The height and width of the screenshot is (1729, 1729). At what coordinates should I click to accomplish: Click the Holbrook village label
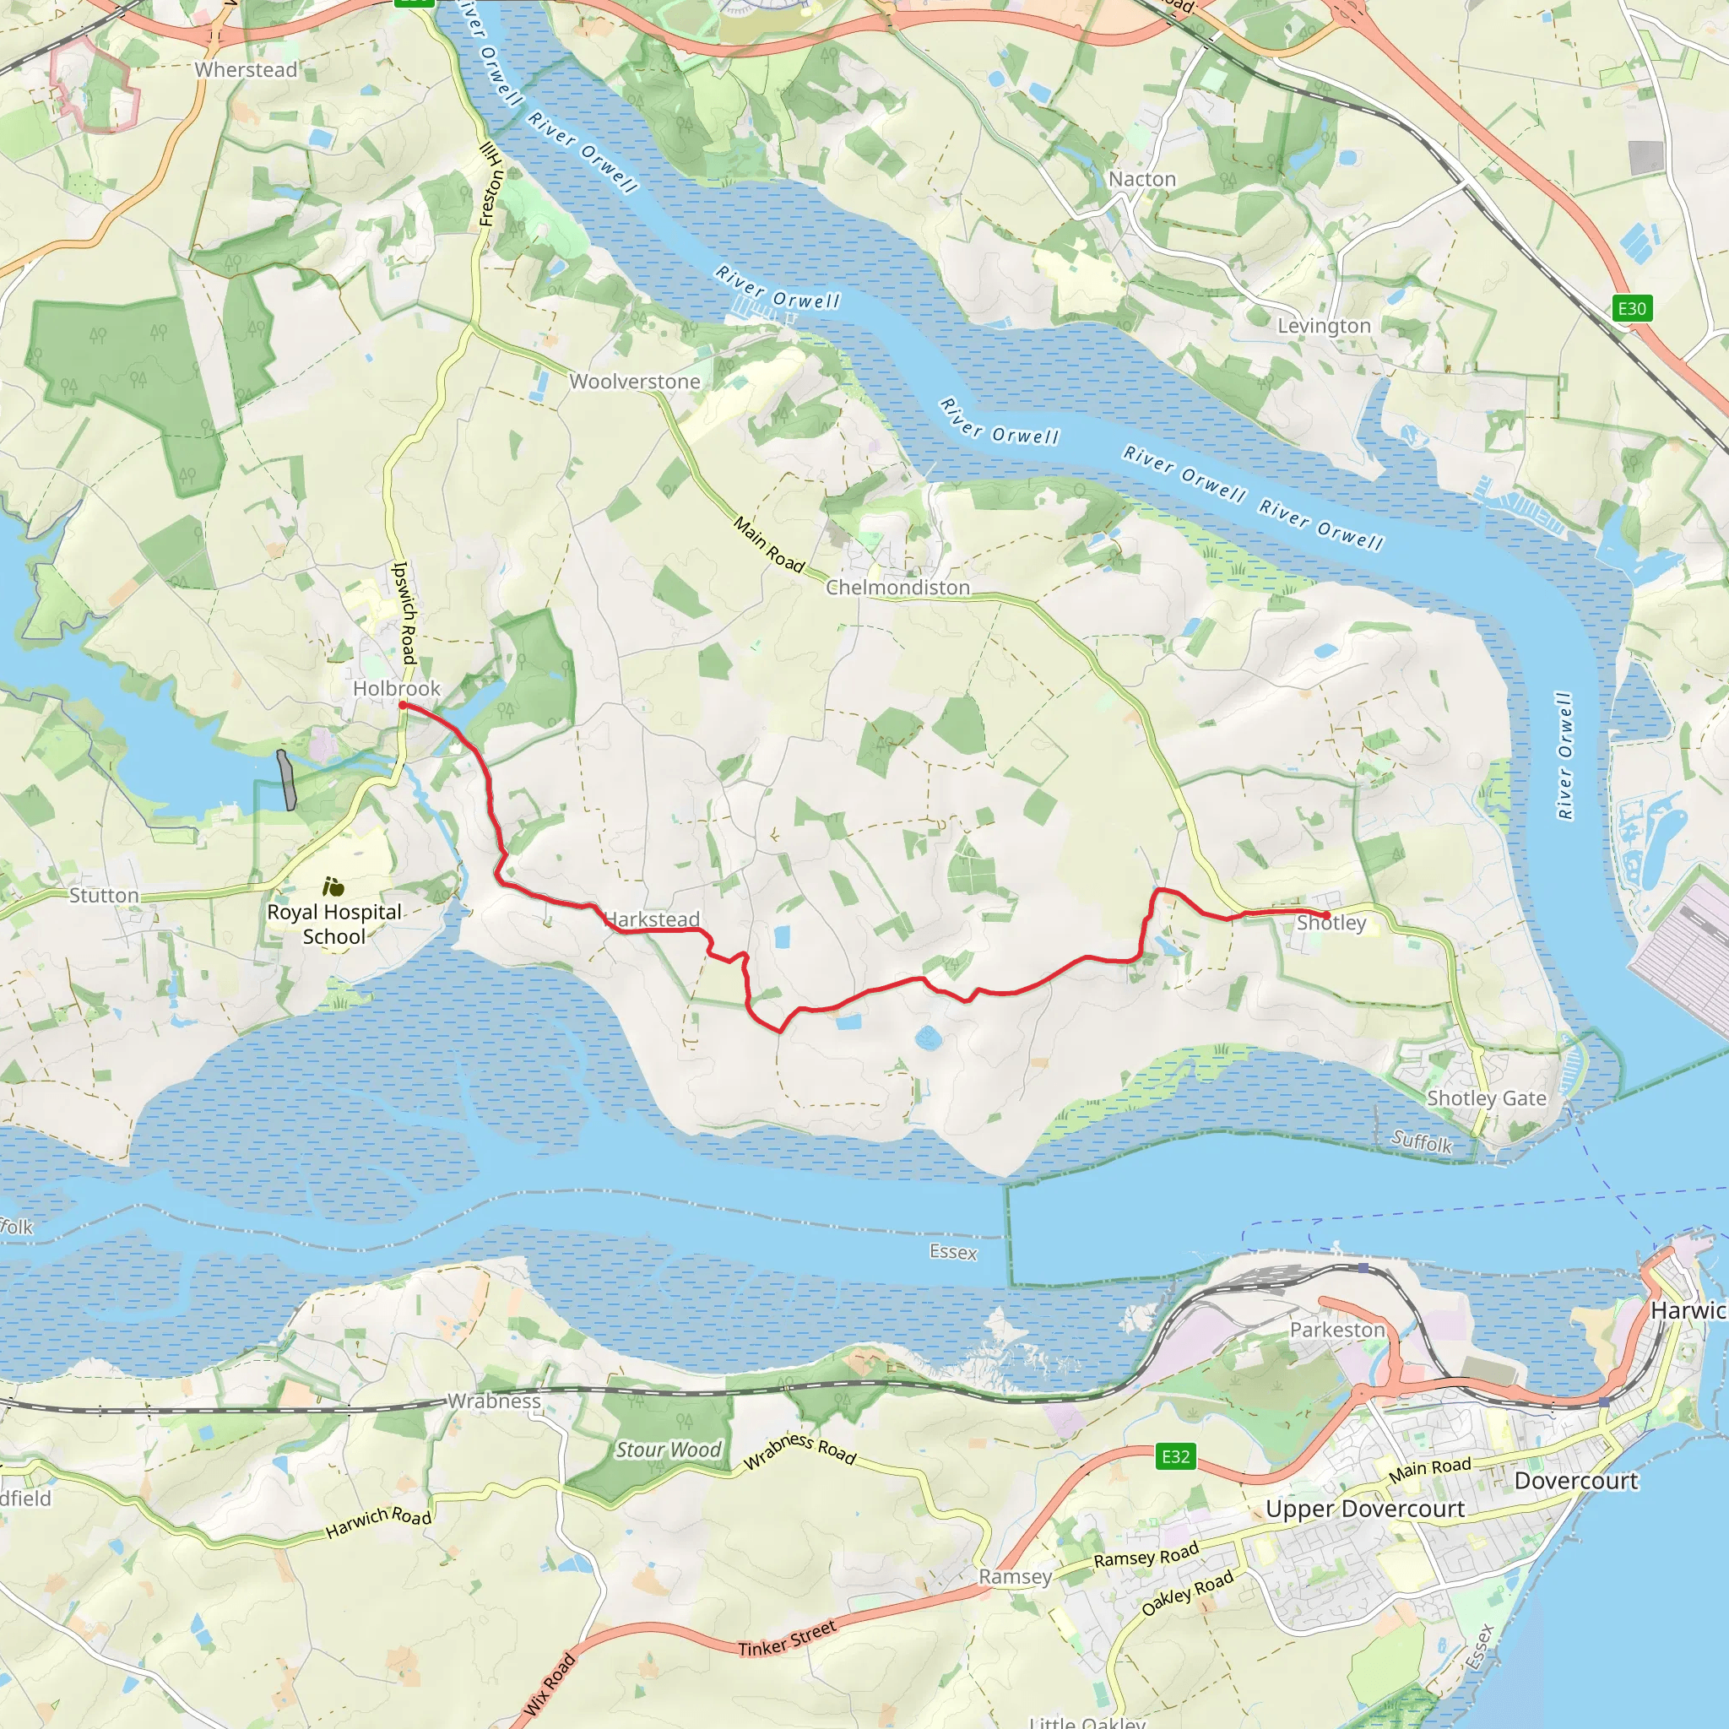397,688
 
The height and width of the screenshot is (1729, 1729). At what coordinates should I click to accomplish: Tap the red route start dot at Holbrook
403,705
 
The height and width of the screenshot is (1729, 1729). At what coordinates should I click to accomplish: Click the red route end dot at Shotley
1326,914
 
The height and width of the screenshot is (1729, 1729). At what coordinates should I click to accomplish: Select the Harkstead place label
653,919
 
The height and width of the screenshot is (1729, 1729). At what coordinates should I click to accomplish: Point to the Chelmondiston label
897,587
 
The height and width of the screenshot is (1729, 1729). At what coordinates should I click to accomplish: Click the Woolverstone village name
635,382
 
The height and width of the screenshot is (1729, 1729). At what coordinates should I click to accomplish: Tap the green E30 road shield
1631,309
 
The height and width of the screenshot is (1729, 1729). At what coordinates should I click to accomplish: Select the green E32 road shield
1175,1456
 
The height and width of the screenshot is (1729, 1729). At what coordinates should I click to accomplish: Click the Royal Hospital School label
333,924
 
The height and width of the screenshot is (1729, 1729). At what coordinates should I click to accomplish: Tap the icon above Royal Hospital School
333,887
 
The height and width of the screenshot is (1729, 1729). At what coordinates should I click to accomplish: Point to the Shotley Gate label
1487,1098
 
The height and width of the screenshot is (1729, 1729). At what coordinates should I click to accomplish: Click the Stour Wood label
669,1450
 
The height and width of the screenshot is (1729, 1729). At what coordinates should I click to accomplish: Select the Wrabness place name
494,1401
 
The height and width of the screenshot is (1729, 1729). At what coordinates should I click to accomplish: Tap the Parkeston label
1337,1330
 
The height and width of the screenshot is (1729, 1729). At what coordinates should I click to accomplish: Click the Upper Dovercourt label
1365,1509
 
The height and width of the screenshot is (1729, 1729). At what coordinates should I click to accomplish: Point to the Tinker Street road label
787,1640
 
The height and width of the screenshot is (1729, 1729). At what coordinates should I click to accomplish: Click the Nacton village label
1142,179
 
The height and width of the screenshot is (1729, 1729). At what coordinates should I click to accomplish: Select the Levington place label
1324,326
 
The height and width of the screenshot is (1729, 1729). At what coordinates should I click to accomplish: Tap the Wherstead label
247,70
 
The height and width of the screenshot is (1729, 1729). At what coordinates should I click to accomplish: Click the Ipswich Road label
405,612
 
